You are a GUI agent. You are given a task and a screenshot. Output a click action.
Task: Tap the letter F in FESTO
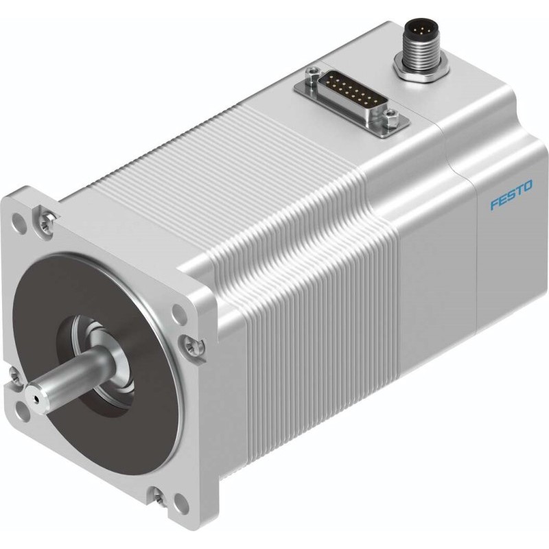pyautogui.click(x=494, y=206)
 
